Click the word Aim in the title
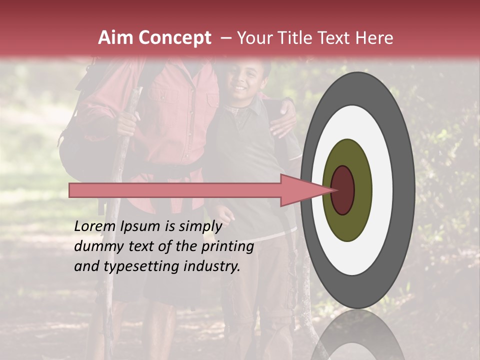[115, 38]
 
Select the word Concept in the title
[174, 38]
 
